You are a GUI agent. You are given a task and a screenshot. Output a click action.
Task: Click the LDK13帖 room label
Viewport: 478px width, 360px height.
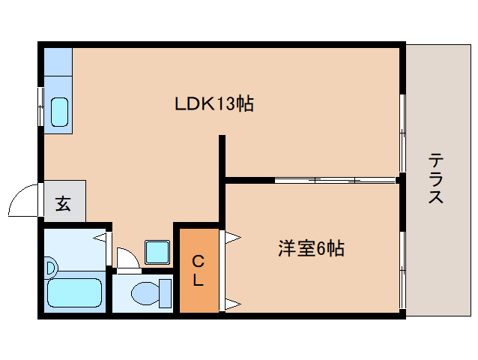pyautogui.click(x=214, y=103)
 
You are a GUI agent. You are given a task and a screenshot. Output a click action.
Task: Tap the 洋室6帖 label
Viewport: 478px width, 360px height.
pyautogui.click(x=311, y=248)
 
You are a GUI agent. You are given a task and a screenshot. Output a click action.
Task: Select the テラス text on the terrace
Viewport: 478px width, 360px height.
pyautogui.click(x=436, y=178)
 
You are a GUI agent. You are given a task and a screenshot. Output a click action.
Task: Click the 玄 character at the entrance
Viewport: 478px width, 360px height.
pyautogui.click(x=63, y=204)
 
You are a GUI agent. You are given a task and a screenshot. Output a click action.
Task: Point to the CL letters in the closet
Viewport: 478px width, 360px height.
pyautogui.click(x=198, y=271)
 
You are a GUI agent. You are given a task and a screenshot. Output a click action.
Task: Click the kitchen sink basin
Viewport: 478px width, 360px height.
pyautogui.click(x=59, y=112)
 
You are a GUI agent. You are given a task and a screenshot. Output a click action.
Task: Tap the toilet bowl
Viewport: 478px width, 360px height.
pyautogui.click(x=145, y=293)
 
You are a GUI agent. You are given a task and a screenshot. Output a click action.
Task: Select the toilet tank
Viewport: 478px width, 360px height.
pyautogui.click(x=166, y=293)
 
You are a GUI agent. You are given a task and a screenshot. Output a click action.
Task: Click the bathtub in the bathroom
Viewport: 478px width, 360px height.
pyautogui.click(x=75, y=293)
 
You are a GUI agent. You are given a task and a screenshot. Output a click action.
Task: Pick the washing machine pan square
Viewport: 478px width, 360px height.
pyautogui.click(x=157, y=252)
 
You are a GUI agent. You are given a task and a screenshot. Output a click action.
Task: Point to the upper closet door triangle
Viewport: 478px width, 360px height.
pyautogui.click(x=233, y=237)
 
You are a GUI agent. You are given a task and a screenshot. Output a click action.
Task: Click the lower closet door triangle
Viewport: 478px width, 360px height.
pyautogui.click(x=233, y=304)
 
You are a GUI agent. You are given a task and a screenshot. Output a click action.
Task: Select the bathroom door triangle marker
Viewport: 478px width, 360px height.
pyautogui.click(x=100, y=237)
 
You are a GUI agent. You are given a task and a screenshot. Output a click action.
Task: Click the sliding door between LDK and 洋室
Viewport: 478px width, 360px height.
pyautogui.click(x=336, y=180)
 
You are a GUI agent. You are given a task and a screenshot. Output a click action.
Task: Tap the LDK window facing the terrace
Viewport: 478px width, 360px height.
pyautogui.click(x=402, y=133)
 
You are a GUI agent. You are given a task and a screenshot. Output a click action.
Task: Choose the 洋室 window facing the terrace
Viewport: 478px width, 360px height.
pyautogui.click(x=402, y=270)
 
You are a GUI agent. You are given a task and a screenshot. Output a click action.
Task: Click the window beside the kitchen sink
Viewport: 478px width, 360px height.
pyautogui.click(x=40, y=106)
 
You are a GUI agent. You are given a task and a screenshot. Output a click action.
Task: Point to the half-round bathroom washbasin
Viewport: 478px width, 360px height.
pyautogui.click(x=51, y=268)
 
